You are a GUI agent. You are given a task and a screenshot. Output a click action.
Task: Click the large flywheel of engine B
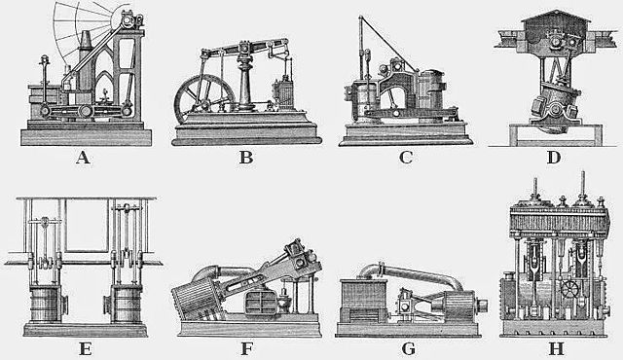tap(203, 101)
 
